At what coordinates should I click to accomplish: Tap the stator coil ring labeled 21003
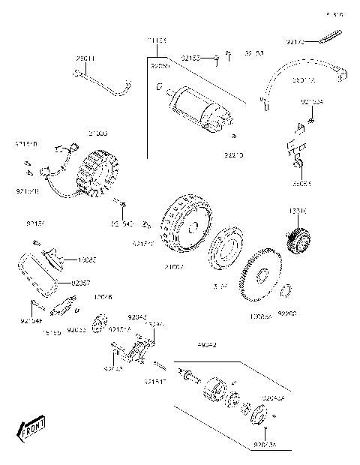pyautogui.click(x=94, y=175)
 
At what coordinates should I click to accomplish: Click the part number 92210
pyautogui.click(x=234, y=154)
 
